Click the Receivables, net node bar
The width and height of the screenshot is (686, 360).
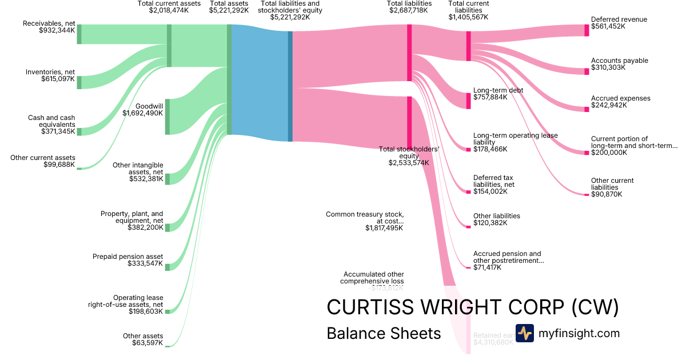coord(79,34)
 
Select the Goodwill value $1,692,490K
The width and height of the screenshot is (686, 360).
coord(142,113)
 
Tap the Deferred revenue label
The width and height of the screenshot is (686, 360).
coord(619,19)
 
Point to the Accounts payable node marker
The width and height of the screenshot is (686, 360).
coord(587,71)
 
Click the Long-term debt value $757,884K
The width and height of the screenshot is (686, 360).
coord(490,97)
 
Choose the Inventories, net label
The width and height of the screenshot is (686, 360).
coord(50,72)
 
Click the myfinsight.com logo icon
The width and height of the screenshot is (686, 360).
coord(524,333)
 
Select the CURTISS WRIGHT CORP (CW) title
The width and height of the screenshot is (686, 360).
coord(473,307)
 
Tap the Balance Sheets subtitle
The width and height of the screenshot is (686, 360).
coord(384,333)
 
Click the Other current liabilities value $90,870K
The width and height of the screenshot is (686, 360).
coord(606,194)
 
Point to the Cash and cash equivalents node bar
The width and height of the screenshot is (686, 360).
coord(79,131)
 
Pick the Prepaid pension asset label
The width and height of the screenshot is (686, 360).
coord(127,257)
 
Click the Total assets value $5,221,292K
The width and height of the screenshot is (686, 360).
coord(229,10)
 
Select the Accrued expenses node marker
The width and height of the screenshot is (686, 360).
coord(587,109)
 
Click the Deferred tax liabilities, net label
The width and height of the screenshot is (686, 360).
coord(494,181)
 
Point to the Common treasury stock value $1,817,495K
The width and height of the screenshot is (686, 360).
coord(384,227)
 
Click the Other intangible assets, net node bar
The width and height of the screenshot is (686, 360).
coord(167,177)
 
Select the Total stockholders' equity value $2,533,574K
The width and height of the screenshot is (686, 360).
coord(409,163)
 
